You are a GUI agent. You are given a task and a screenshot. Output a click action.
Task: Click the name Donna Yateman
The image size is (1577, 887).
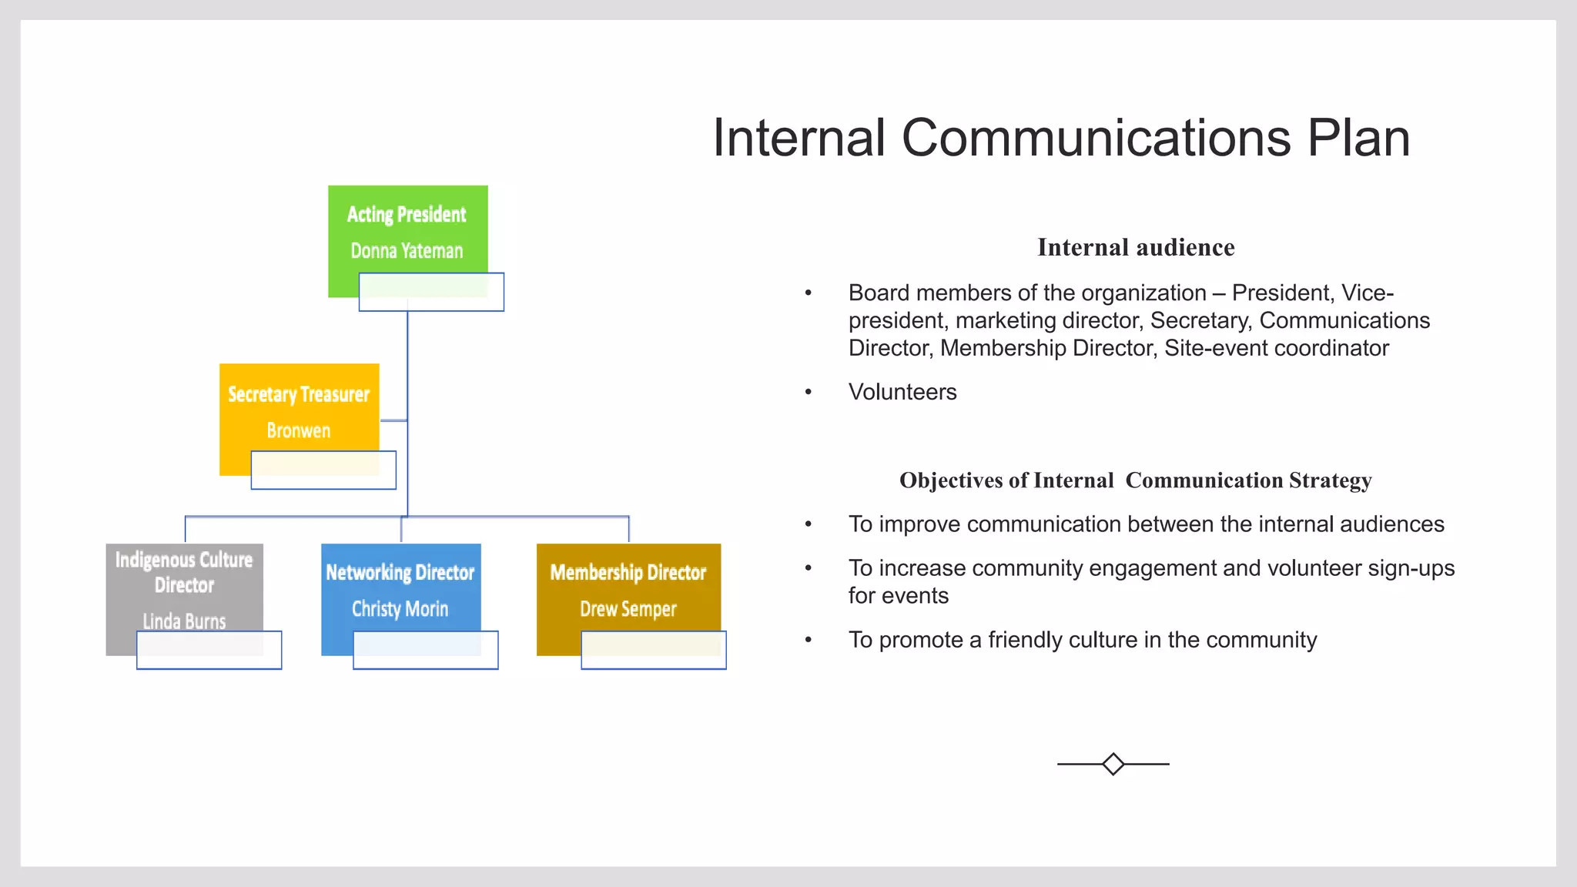click(407, 251)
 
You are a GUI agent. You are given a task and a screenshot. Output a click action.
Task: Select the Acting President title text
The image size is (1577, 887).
click(407, 214)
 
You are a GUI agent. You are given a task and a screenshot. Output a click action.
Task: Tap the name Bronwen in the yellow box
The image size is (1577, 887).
click(299, 430)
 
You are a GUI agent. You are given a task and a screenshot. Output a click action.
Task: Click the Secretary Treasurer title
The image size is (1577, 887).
click(299, 394)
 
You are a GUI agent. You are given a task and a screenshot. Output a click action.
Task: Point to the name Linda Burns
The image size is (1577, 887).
click(184, 621)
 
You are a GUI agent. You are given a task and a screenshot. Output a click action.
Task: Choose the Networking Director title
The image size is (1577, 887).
click(400, 572)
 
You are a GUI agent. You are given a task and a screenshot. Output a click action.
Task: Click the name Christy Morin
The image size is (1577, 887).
click(400, 609)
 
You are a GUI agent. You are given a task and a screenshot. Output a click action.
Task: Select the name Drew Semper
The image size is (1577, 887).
click(628, 609)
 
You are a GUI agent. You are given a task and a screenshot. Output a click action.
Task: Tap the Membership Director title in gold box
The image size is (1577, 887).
click(628, 572)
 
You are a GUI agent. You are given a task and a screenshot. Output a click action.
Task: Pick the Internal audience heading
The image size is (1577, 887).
click(1136, 247)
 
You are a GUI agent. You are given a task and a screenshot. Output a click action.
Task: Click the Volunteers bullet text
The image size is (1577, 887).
click(902, 392)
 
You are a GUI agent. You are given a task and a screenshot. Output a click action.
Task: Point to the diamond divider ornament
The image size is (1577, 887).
click(1113, 764)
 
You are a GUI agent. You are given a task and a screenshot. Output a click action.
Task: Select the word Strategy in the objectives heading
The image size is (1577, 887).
click(1330, 480)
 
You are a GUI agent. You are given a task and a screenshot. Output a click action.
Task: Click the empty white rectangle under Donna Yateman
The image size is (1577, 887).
click(431, 293)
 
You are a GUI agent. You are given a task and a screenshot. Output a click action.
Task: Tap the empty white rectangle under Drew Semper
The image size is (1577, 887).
click(653, 651)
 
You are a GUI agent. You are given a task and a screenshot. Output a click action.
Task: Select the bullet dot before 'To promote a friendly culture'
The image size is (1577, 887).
click(809, 640)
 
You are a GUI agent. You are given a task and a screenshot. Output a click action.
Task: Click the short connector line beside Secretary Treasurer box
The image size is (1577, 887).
click(393, 420)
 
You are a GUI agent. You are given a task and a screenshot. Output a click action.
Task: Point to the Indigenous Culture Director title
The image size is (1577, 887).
click(184, 572)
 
